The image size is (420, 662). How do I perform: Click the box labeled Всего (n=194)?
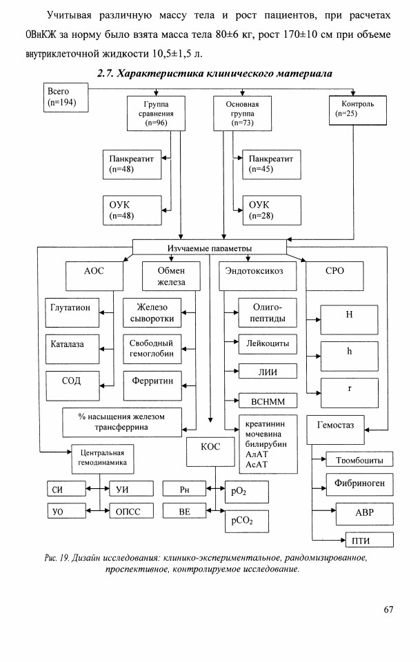[66, 97]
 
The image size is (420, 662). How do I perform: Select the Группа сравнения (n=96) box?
[156, 113]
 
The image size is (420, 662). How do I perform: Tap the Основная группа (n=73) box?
[242, 113]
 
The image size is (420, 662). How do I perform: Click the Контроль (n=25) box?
[357, 110]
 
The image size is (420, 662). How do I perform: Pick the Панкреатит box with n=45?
[272, 164]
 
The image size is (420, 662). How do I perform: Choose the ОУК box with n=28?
[272, 210]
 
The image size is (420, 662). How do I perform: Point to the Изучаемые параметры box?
[210, 247]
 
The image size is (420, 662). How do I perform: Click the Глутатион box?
[72, 312]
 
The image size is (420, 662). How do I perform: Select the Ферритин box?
[152, 385]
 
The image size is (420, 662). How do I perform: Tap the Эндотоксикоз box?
[257, 276]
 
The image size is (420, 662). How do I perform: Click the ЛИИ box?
[268, 371]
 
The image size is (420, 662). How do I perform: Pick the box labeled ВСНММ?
[268, 400]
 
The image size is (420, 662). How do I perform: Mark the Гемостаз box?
[335, 430]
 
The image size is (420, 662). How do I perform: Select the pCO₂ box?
[246, 521]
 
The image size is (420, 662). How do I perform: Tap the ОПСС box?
[131, 511]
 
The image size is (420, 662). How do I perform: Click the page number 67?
[388, 609]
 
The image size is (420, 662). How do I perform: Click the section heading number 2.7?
[106, 74]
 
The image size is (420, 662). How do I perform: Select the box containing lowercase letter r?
[349, 392]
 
